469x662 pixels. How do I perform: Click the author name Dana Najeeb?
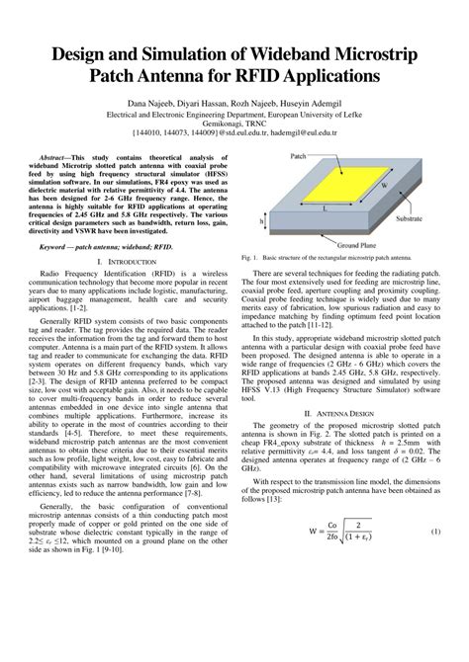(x=149, y=101)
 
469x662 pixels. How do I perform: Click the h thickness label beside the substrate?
(x=261, y=222)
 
